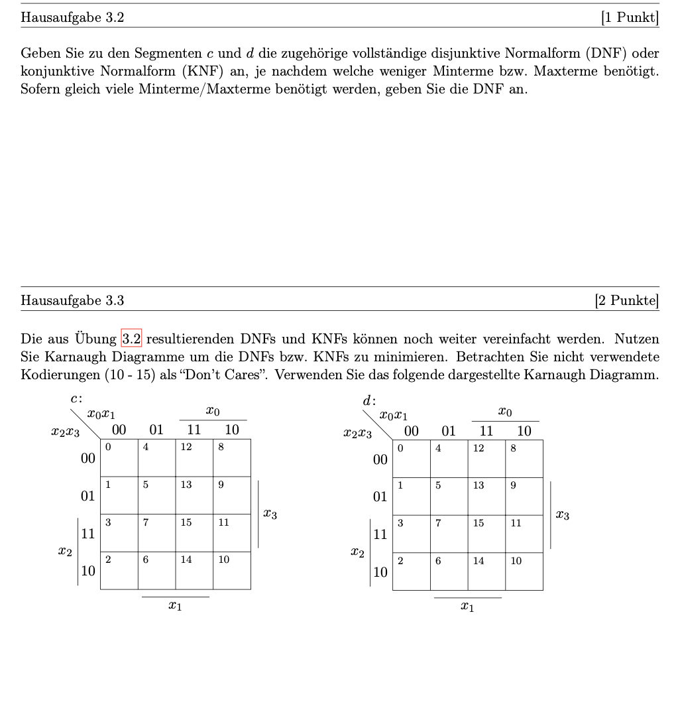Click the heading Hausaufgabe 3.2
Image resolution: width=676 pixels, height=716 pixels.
coord(72,18)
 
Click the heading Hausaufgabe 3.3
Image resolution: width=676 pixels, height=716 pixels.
coord(72,301)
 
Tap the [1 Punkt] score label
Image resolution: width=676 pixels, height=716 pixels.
coord(630,18)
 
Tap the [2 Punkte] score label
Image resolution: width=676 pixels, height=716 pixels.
coord(627,301)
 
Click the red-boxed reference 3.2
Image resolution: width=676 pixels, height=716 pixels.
coord(131,339)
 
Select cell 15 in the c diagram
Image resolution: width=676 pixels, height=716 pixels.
coord(194,533)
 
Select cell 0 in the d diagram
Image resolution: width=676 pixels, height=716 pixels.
coord(411,458)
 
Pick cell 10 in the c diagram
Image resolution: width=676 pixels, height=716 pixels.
coord(232,571)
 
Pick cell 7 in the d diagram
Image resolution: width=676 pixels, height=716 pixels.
coord(449,534)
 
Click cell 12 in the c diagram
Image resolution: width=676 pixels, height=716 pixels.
coord(194,457)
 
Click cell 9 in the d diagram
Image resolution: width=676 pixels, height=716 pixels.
coord(524,496)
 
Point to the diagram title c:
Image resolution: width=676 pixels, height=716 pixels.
coord(76,398)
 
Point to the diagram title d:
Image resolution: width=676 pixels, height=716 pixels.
coord(369,400)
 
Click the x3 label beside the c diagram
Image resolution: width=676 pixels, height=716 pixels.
coord(270,513)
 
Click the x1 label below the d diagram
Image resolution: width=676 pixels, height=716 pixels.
coord(467,607)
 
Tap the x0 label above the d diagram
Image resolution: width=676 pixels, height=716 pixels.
coord(505,412)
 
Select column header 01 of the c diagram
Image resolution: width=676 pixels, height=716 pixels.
coord(156,430)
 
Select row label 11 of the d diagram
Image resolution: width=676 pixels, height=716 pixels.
coord(380,534)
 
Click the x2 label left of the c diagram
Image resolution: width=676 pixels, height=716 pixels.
coord(64,552)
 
